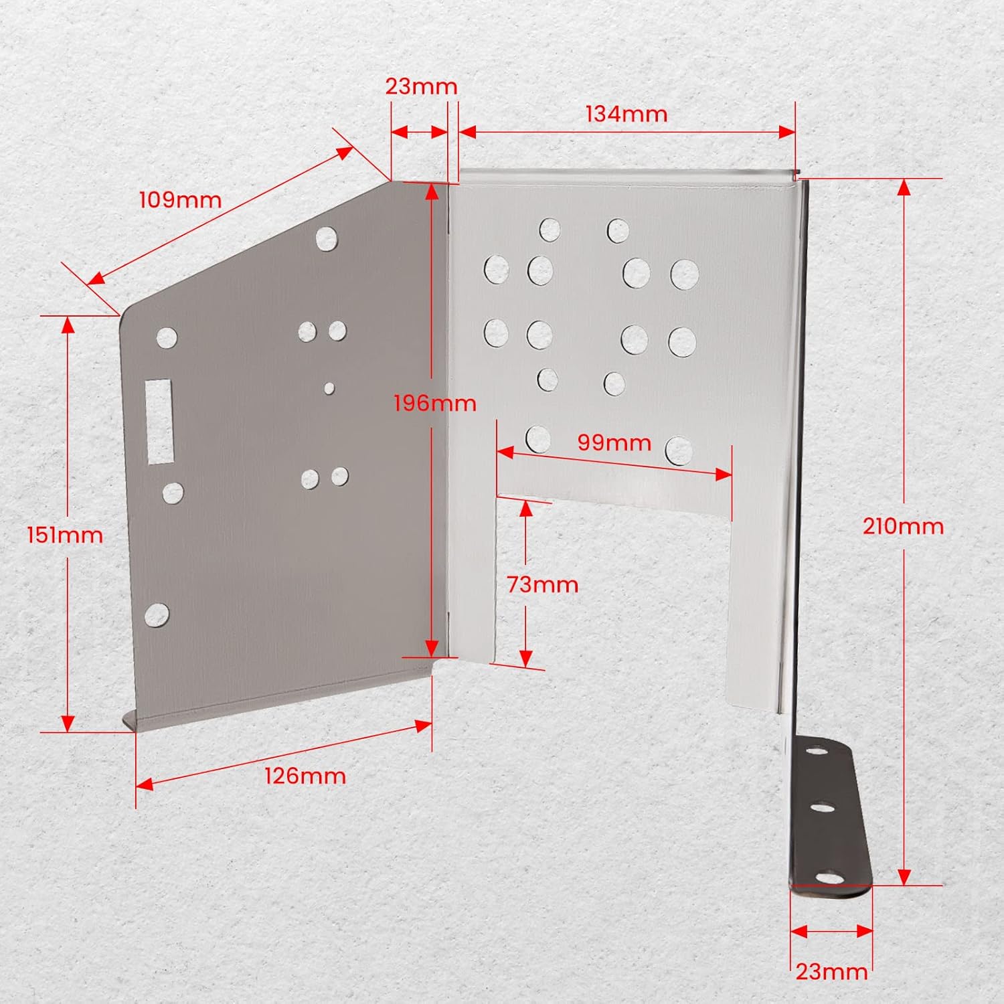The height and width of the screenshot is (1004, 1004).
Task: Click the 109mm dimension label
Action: coord(180,199)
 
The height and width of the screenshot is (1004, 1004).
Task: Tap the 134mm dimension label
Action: coord(626,114)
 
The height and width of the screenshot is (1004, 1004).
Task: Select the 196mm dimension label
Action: coord(434,403)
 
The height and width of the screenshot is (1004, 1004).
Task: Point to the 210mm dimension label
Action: coord(903,526)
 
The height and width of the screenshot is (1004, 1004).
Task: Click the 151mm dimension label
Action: coord(65,535)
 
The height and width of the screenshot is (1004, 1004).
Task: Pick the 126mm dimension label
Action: coord(305,776)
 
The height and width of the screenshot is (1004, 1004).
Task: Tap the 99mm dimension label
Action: coord(614,442)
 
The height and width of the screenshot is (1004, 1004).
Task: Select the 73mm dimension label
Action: coord(542,584)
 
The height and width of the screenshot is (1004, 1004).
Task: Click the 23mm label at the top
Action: coord(421,86)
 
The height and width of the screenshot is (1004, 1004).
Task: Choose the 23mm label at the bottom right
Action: coord(831,971)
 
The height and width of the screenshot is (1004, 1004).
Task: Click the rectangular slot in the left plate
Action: coord(159,421)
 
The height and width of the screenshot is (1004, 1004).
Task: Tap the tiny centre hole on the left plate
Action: coord(329,388)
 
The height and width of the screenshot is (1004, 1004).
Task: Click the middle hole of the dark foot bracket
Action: coord(823,807)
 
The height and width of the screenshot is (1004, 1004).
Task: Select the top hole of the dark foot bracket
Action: coord(815,751)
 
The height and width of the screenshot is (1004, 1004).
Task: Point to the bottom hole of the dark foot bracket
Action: coord(829,876)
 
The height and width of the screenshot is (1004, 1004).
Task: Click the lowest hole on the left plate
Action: coord(157,614)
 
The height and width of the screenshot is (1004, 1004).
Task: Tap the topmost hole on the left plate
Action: coord(326,238)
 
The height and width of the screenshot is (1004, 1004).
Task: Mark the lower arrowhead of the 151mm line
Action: coord(68,724)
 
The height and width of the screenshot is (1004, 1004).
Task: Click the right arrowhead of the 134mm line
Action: coord(788,132)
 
